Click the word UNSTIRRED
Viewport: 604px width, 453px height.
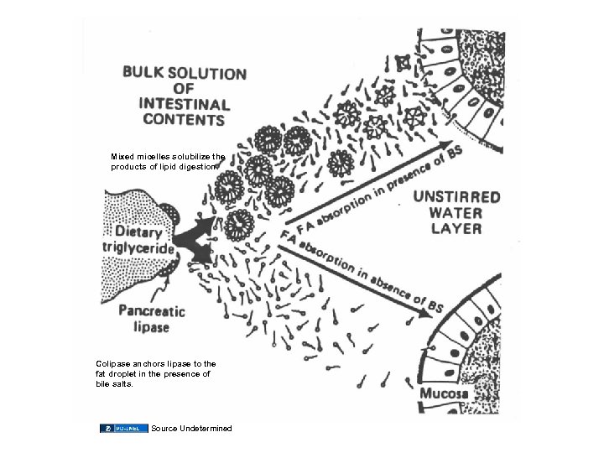[x=456, y=198]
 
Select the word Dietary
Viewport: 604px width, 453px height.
[x=141, y=231]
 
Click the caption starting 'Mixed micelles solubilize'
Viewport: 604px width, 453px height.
[x=168, y=161]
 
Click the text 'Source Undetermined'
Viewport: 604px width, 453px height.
[x=191, y=429]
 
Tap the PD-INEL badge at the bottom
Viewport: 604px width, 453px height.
[x=123, y=429]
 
